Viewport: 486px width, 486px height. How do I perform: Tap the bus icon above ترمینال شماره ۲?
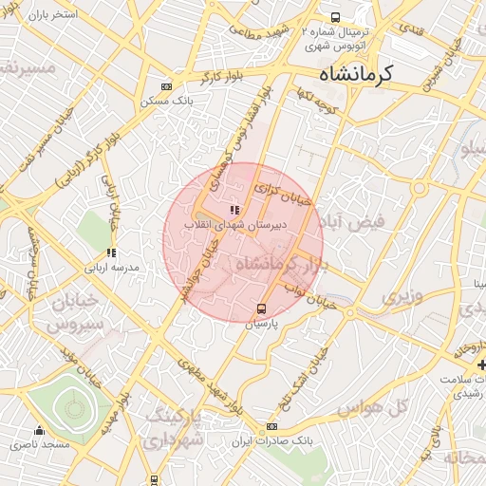click(x=335, y=17)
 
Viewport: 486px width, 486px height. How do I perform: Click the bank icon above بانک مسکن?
click(x=167, y=86)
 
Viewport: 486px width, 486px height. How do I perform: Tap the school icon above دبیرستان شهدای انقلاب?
click(x=234, y=209)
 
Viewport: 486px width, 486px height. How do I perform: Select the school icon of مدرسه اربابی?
click(x=111, y=253)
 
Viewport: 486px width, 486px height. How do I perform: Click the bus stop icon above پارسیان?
click(x=262, y=308)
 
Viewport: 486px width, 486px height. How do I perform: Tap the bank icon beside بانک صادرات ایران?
click(x=272, y=427)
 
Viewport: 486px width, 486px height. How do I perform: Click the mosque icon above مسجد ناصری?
click(x=39, y=430)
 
